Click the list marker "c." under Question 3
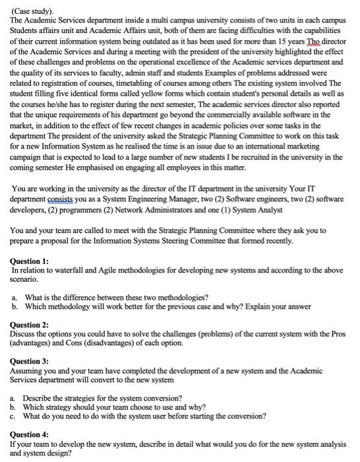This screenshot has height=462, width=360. click(15, 416)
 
